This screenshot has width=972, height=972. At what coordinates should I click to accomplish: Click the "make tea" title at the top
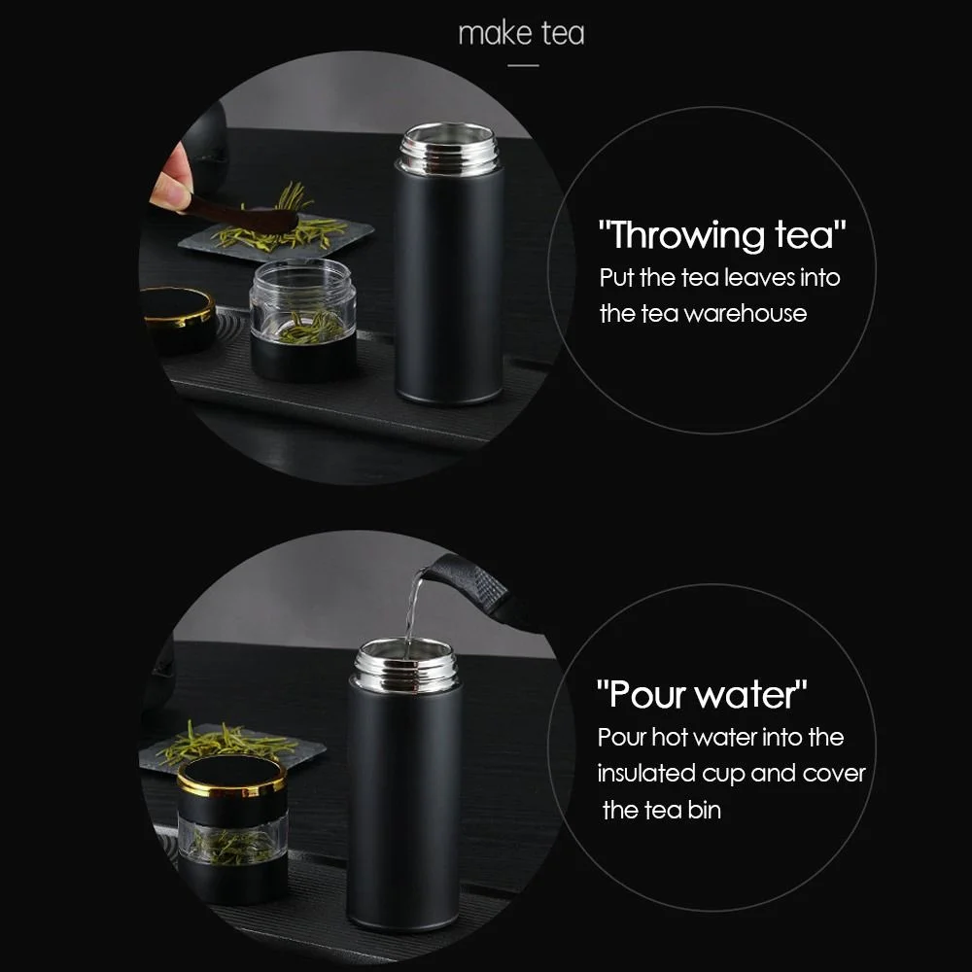click(x=521, y=33)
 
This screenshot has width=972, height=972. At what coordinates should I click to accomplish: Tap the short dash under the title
click(x=523, y=65)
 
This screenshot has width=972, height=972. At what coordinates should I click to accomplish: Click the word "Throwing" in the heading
click(x=683, y=235)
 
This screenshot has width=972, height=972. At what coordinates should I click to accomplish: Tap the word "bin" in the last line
click(x=705, y=810)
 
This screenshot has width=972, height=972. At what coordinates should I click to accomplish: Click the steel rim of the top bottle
click(x=449, y=147)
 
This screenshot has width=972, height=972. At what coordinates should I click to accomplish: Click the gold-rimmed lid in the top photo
click(x=179, y=307)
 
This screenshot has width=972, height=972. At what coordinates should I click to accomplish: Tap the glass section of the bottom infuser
click(x=231, y=840)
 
